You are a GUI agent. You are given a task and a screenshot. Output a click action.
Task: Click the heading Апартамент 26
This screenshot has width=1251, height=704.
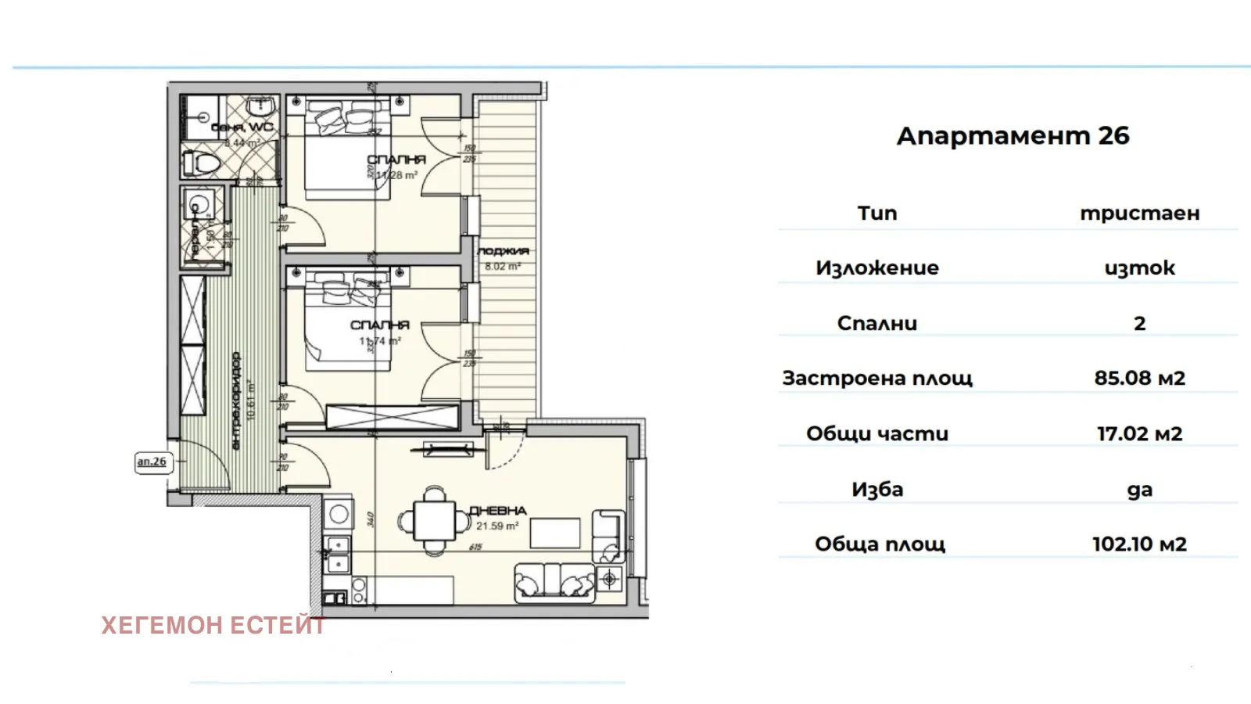coord(1013,135)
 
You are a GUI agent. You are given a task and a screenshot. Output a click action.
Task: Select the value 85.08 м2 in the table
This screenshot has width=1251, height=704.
coord(1139,378)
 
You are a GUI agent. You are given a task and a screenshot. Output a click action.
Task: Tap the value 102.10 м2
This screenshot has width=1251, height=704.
coord(1139,544)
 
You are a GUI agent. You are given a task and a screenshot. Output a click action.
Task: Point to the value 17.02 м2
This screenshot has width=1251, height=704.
coord(1139,433)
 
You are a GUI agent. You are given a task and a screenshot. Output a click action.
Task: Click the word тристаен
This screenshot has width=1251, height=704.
coord(1139,213)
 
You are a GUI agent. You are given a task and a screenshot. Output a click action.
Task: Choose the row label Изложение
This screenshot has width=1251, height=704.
coord(876,268)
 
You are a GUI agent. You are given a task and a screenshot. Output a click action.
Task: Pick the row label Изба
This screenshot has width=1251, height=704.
coord(876,489)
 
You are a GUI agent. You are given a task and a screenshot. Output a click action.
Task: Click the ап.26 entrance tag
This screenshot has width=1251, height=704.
coord(152,462)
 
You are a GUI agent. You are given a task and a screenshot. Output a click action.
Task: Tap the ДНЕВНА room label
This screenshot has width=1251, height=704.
coord(497,511)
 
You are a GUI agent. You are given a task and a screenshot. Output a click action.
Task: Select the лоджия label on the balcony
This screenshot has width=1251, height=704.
coord(503,251)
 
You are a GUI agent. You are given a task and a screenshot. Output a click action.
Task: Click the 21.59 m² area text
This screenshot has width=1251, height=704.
coord(497,526)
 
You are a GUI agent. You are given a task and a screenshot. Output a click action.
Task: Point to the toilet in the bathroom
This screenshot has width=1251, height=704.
coord(201,163)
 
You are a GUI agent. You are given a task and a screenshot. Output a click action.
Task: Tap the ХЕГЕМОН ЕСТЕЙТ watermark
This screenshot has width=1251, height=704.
coord(213,625)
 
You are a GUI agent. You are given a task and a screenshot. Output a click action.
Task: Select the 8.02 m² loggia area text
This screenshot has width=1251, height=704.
coord(502,266)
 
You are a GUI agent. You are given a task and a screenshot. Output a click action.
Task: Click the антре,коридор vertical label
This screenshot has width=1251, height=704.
coord(236,400)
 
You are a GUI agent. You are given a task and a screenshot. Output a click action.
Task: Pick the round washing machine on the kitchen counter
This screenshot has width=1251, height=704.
coord(339,515)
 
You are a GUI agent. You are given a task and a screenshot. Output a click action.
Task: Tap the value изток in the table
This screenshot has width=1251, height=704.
coord(1139,268)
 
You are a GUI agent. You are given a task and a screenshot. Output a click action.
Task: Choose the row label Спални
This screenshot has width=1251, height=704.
coord(876,323)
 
